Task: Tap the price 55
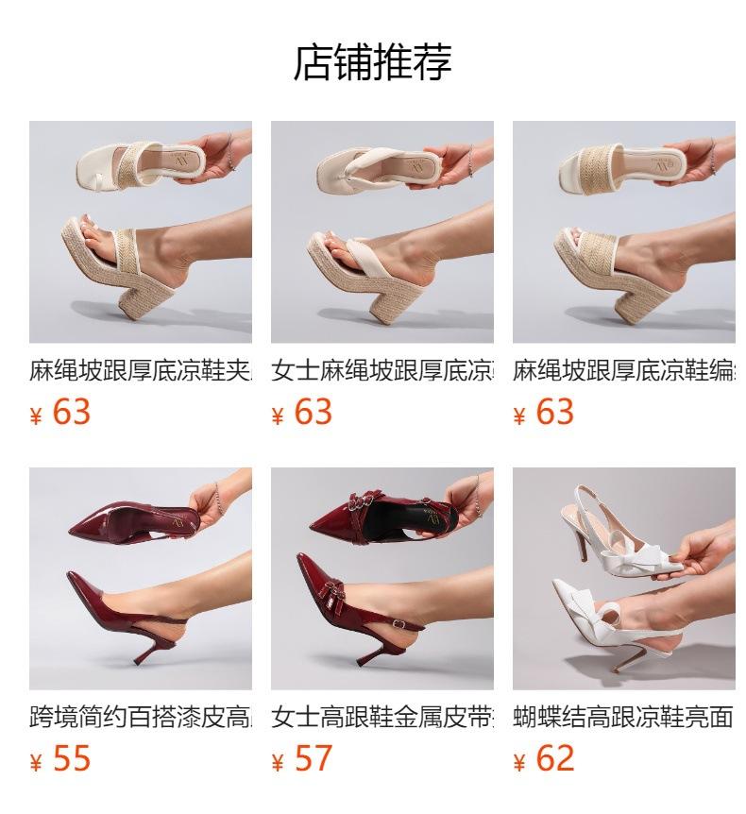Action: tap(71, 758)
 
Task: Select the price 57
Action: tap(313, 758)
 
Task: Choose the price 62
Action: tap(554, 758)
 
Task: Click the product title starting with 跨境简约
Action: tap(140, 718)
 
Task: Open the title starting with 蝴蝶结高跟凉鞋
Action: tap(623, 718)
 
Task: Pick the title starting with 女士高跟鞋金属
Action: tap(381, 718)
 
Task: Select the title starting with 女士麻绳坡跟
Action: tap(381, 370)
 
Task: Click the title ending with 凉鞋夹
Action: tap(140, 370)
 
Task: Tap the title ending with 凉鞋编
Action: tap(623, 370)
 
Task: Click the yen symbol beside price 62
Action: tap(519, 763)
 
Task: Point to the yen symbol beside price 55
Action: tap(36, 763)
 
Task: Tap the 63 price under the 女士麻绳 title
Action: tap(313, 412)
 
